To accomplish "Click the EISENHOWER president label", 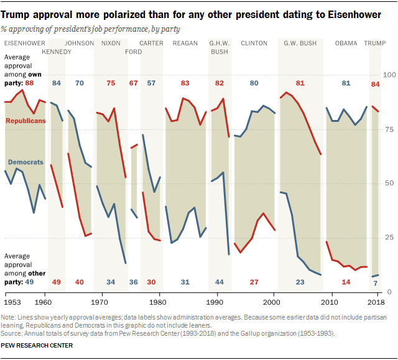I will pos(23,43).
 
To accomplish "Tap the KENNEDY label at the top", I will pos(57,52).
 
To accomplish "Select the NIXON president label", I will pos(111,43).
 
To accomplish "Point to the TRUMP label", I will pos(374,43).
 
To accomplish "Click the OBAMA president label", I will pos(346,43).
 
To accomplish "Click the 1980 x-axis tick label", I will pos(159,302).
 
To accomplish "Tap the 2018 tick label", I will pos(374,302).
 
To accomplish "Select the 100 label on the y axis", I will pos(389,75).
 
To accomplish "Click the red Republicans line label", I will pos(25,121).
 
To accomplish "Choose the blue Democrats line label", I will pos(25,162).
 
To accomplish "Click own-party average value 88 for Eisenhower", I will pos(29,83).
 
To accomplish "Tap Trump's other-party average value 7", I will pos(375,282).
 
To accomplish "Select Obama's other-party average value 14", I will pos(346,282).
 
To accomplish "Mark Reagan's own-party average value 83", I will pos(185,83).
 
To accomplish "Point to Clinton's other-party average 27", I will pos(254,282).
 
